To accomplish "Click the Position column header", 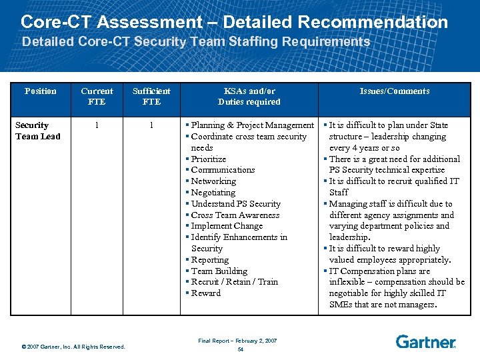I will click(40, 91).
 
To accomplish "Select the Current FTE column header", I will click(97, 97).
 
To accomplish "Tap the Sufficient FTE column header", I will click(151, 97).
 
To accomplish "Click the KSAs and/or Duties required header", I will click(249, 97).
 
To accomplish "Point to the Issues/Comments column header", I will click(395, 91).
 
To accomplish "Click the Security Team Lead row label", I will click(37, 131).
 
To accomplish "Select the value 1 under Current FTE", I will click(97, 125).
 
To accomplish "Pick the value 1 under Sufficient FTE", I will click(151, 125).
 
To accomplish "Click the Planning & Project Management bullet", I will click(252, 125).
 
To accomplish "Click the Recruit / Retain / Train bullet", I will click(234, 282).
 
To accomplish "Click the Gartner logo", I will click(425, 342).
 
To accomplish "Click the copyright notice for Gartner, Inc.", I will click(73, 346).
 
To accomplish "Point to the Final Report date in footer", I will click(237, 341).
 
